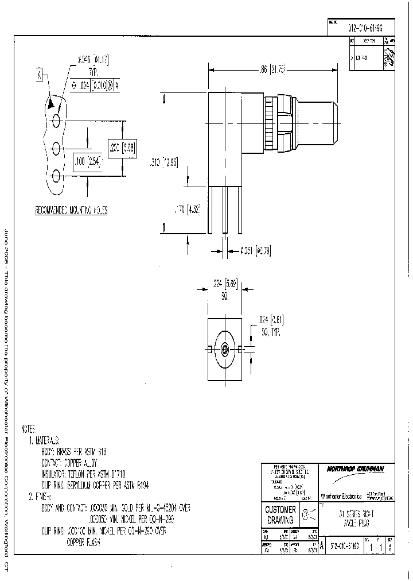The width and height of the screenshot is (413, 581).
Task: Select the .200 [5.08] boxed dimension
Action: coord(122,147)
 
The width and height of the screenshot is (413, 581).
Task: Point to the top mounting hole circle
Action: coord(57,121)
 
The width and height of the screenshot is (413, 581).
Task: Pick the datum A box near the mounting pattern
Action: coord(40,75)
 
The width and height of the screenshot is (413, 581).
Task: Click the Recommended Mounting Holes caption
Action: coord(71,210)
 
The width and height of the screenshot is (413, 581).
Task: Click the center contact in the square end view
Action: coord(225,348)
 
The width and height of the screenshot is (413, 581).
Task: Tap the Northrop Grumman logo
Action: coord(355,469)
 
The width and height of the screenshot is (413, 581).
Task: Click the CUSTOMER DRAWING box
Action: coord(280,514)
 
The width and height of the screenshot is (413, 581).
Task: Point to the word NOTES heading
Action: coord(28,428)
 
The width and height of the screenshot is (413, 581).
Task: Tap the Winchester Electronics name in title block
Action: coord(341,495)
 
